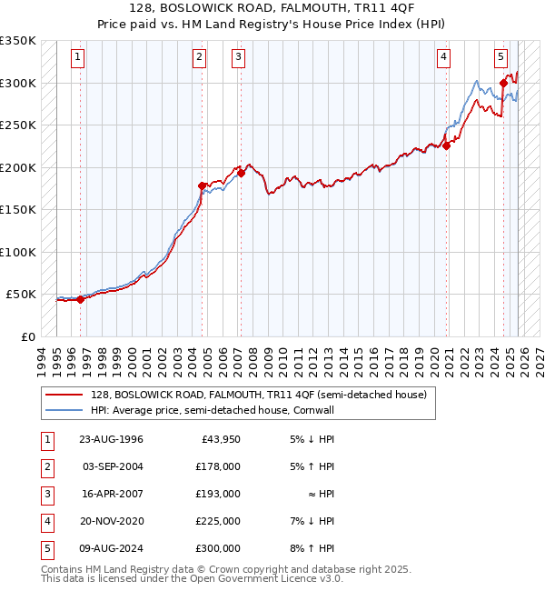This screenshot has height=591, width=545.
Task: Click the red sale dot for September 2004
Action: (202, 185)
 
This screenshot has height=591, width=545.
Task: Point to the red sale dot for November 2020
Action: (446, 145)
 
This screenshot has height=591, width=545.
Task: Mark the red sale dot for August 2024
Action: (503, 83)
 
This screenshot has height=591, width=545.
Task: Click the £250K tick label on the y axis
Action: (18, 125)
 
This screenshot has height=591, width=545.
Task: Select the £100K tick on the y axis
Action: (18, 252)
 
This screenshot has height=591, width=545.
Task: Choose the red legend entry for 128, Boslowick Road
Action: (264, 395)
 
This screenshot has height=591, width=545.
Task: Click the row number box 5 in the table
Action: (46, 548)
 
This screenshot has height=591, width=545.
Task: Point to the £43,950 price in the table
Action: (220, 439)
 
